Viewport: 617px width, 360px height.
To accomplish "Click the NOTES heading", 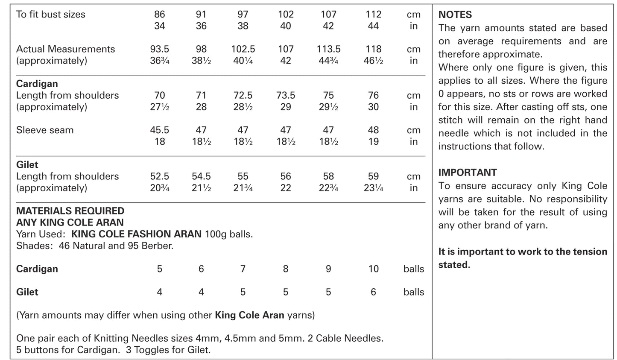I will tap(455, 15).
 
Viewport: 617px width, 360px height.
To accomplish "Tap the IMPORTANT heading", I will tap(468, 173).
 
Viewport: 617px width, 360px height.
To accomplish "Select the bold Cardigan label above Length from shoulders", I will tap(37, 84).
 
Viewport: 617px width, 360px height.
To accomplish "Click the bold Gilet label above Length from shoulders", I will tap(27, 164).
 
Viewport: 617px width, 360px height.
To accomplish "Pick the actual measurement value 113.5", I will tap(328, 49).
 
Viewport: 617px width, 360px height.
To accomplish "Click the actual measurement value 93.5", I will tap(159, 49).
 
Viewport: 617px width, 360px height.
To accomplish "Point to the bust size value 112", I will tap(373, 15).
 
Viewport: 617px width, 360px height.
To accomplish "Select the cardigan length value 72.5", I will tap(243, 95).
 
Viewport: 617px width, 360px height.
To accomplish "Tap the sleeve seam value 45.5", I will tap(159, 130).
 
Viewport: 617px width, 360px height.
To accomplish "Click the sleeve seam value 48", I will tap(373, 130).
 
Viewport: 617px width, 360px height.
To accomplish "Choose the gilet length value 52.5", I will tap(159, 176).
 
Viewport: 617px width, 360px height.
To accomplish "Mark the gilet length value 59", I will tap(373, 176).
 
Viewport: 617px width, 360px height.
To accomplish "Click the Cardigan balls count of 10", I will tap(373, 269).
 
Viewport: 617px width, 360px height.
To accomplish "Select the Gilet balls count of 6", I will tap(373, 292).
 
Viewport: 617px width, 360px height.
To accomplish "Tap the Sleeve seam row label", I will tap(45, 130).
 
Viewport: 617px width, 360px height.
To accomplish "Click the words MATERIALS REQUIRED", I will tap(70, 211).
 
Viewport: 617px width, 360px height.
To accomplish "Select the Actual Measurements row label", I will tap(65, 49).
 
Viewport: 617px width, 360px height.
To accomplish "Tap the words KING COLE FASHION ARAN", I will tap(136, 234).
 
